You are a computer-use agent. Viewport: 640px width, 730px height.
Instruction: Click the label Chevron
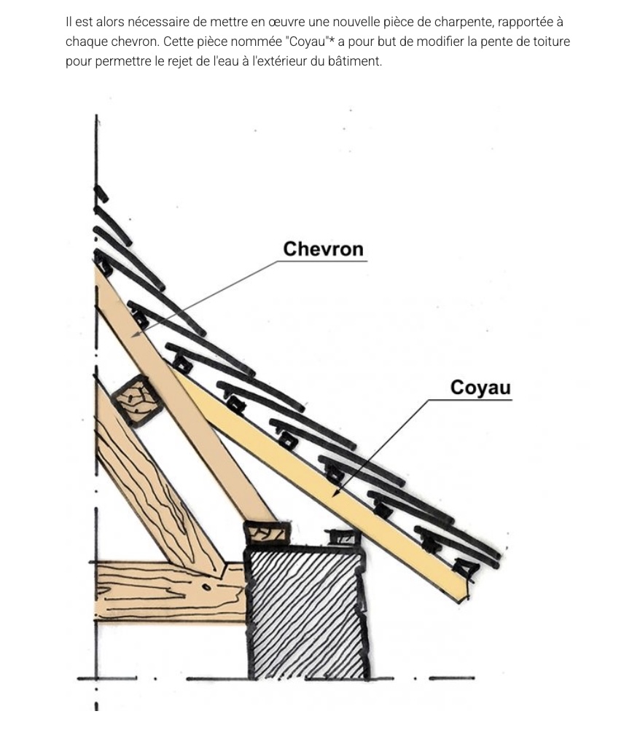(x=323, y=250)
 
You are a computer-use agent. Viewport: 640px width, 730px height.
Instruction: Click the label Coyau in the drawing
(x=480, y=388)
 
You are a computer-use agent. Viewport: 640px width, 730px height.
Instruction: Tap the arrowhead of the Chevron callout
(x=135, y=334)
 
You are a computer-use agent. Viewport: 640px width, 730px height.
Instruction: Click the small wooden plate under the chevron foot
(x=267, y=533)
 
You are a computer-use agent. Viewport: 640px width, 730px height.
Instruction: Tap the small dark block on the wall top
(x=343, y=538)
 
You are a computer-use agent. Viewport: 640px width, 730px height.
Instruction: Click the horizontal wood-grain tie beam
(x=170, y=592)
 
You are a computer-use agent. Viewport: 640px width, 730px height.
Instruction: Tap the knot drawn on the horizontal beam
(x=206, y=588)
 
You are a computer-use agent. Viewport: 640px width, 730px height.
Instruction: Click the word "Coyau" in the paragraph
(x=306, y=42)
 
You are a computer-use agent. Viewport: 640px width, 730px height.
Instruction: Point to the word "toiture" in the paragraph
(x=552, y=42)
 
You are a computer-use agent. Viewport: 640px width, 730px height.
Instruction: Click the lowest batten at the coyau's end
(x=466, y=568)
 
